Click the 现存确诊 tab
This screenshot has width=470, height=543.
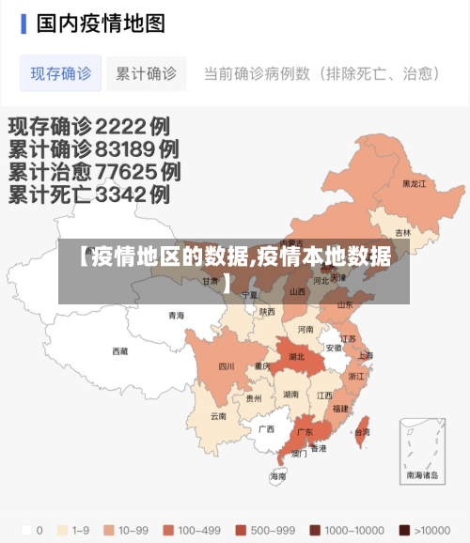click(61, 73)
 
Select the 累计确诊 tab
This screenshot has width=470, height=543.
click(146, 73)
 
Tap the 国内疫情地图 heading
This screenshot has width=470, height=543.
click(101, 23)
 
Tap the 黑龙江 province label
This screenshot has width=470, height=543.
click(414, 184)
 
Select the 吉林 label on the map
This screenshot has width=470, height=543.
click(403, 233)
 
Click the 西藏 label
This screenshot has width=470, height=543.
click(120, 351)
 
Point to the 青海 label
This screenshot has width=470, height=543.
click(177, 316)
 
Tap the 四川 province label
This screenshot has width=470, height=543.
click(227, 366)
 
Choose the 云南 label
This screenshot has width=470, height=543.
click(218, 415)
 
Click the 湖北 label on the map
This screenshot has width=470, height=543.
click(296, 357)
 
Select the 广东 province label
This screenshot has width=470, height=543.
click(305, 432)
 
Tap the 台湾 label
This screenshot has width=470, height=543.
click(362, 432)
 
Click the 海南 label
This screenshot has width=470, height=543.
click(278, 477)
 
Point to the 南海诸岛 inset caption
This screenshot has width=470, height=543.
click(423, 475)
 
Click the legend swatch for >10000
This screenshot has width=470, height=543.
click(403, 529)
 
